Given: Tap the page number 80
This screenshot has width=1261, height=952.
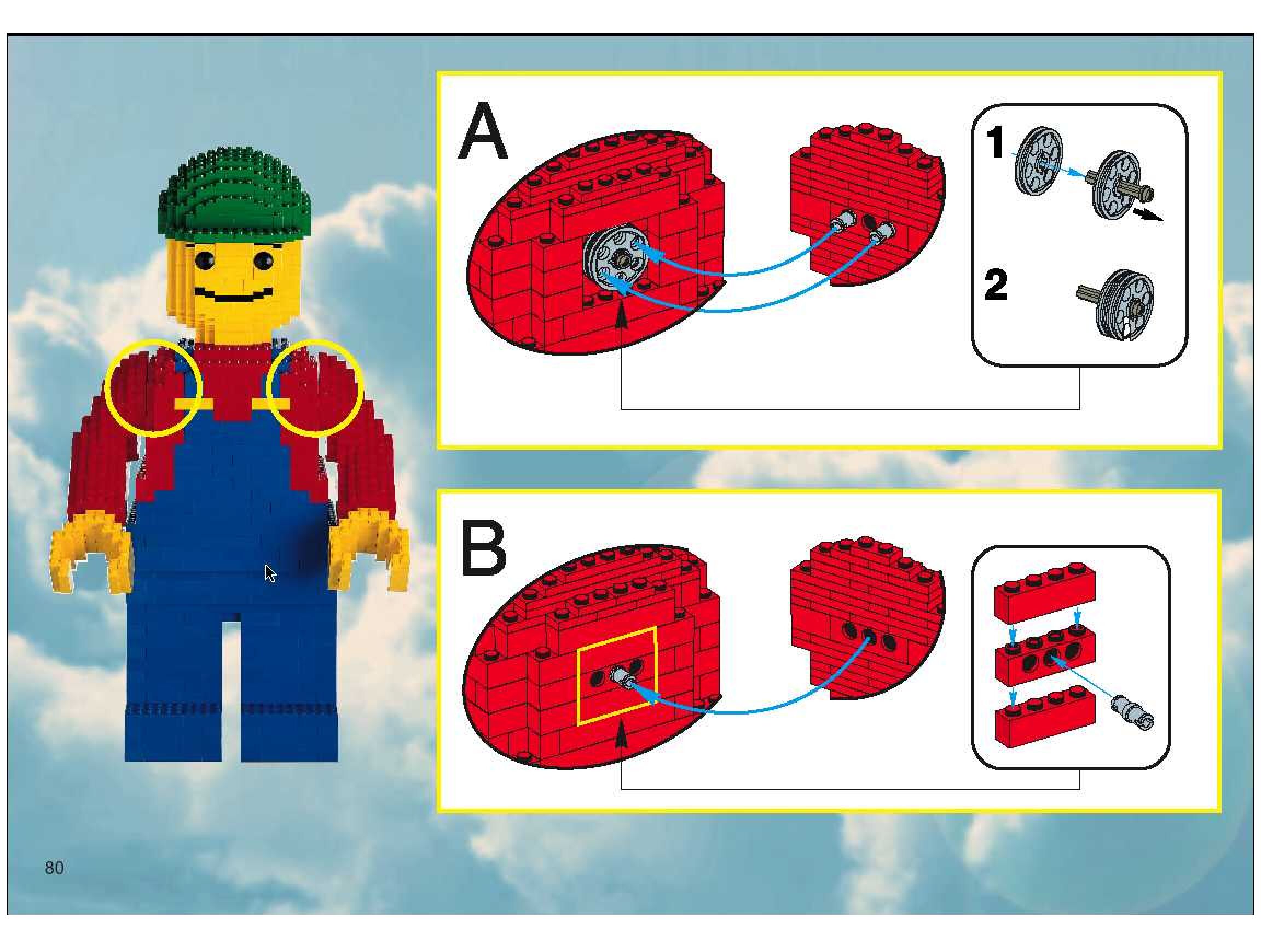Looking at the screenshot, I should [54, 868].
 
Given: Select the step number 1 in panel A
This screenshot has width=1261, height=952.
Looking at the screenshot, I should [995, 143].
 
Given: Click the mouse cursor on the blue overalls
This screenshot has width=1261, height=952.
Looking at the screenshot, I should [270, 574].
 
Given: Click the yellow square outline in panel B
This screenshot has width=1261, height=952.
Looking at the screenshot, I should [617, 676].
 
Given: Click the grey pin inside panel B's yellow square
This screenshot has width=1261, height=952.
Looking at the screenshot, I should [622, 678].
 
